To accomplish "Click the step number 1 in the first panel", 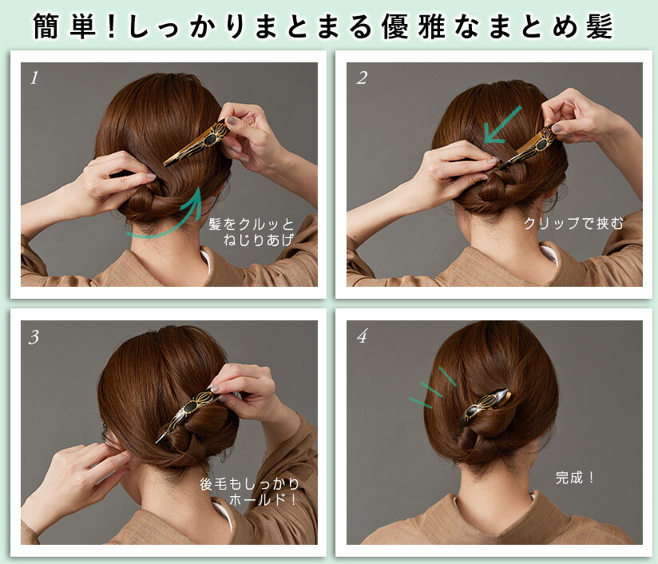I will (x=34, y=78).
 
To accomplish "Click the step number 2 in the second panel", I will (x=362, y=78).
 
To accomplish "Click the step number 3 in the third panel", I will (x=34, y=337).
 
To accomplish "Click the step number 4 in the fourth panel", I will (x=362, y=337).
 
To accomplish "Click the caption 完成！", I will (x=575, y=479).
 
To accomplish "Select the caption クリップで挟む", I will (x=573, y=224).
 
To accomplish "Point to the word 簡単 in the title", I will (x=65, y=26).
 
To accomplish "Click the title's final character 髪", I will (x=598, y=26).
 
